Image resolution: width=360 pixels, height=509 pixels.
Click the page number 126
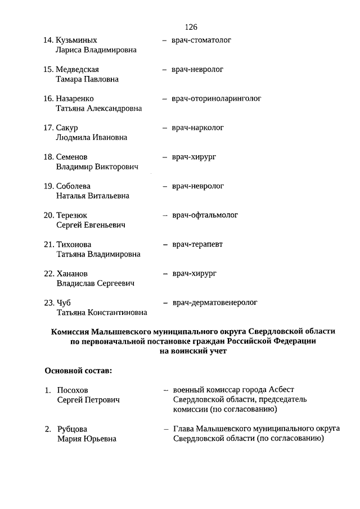pyautogui.click(x=191, y=27)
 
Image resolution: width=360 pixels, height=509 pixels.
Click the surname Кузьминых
pyautogui.click(x=76, y=40)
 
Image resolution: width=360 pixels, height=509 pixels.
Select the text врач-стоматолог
pyautogui.click(x=201, y=40)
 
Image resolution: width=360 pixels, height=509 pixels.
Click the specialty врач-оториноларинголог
pyautogui.click(x=217, y=98)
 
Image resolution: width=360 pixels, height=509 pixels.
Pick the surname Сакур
pyautogui.click(x=67, y=128)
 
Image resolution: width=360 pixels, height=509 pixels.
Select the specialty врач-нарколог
pyautogui.click(x=198, y=128)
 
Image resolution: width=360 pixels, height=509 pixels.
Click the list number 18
pyautogui.click(x=48, y=157)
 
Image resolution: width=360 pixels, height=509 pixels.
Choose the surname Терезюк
pyautogui.click(x=72, y=215)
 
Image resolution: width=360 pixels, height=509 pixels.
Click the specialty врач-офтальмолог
pyautogui.click(x=205, y=215)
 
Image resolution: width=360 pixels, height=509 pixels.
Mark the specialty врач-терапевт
pyautogui.click(x=197, y=244)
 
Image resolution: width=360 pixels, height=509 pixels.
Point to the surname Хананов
pyautogui.click(x=73, y=274)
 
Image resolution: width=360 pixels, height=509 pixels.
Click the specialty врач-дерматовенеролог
pyautogui.click(x=215, y=303)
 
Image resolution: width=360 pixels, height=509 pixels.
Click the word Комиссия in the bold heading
pyautogui.click(x=71, y=332)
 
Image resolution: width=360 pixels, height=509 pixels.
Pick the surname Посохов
pyautogui.click(x=73, y=390)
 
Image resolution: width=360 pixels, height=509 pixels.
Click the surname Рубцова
pyautogui.click(x=73, y=429)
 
